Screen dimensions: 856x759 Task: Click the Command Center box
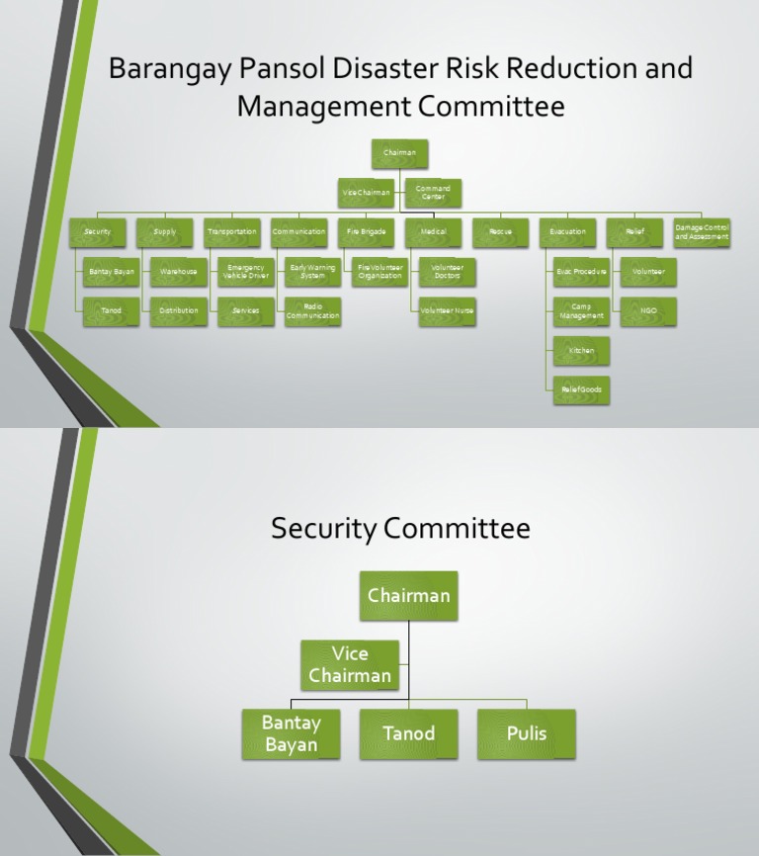[x=433, y=193]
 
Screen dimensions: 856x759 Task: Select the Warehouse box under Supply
[x=178, y=272]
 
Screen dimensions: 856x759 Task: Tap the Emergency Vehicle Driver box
[x=246, y=272]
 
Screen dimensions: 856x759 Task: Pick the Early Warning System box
[x=313, y=272]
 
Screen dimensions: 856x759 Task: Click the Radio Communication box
[x=313, y=311]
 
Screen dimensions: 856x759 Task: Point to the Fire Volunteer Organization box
[x=380, y=272]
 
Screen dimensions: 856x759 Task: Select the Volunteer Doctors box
[x=447, y=272]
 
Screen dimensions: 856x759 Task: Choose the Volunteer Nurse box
[x=447, y=311]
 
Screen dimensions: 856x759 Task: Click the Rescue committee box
[x=501, y=232]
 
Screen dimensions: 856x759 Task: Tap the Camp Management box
[x=581, y=311]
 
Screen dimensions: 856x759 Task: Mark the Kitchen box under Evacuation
[x=581, y=351]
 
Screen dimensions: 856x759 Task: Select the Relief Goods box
[x=581, y=390]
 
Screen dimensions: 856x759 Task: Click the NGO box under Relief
[x=648, y=311]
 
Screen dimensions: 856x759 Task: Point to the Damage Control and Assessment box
[x=702, y=232]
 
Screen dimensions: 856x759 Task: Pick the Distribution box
[x=178, y=311]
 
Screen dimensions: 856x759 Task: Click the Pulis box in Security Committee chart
[x=526, y=734]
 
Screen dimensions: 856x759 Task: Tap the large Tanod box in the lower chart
[x=408, y=734]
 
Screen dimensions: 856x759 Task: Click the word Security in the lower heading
[x=322, y=530]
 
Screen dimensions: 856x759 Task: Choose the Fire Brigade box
[x=366, y=232]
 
